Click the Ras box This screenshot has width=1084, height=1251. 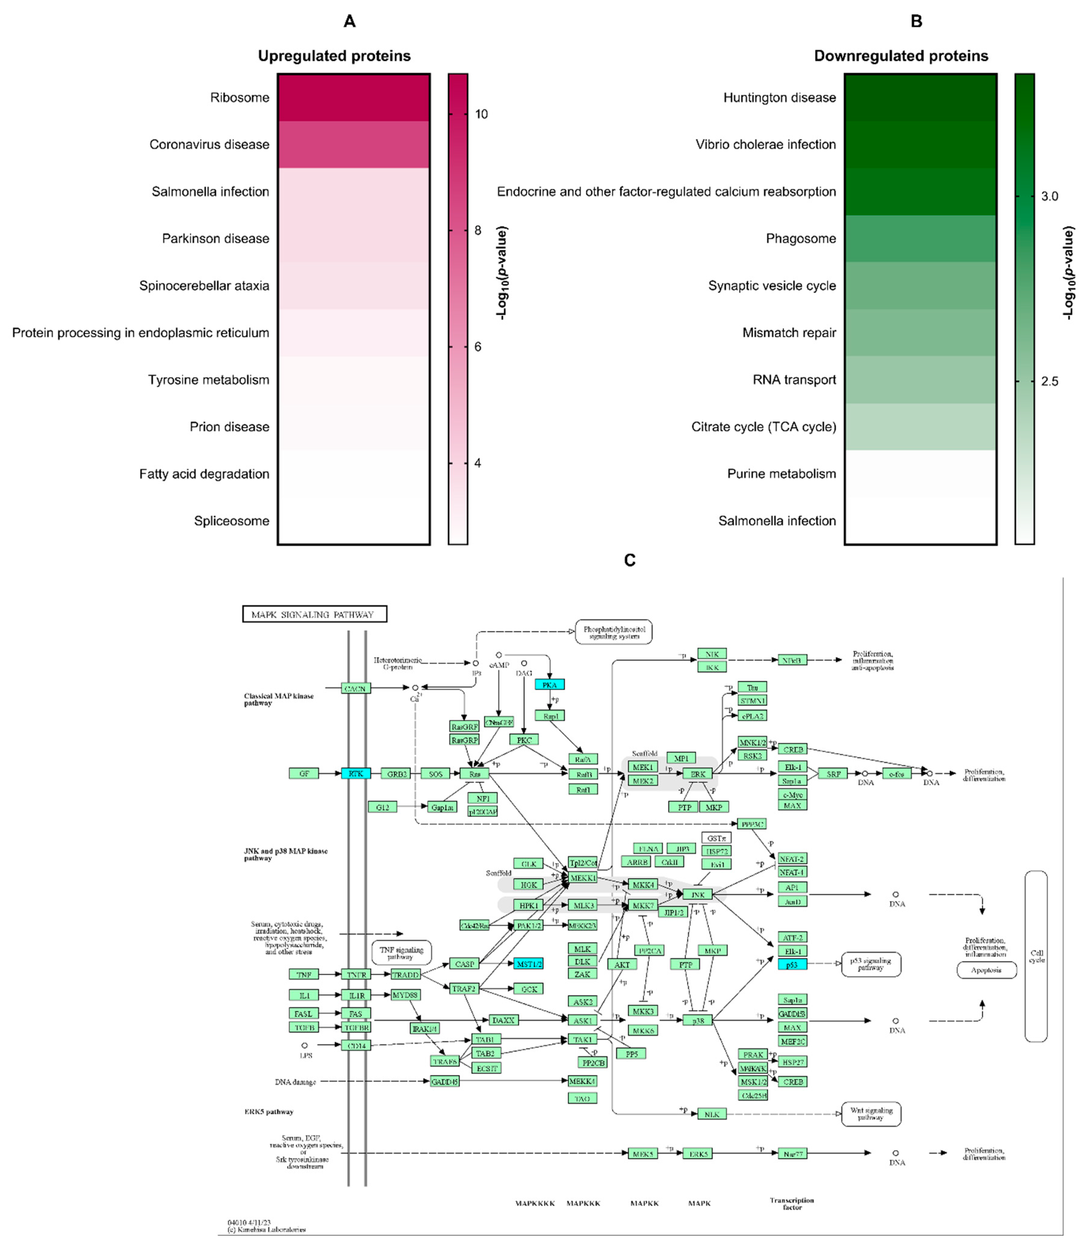point(474,774)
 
